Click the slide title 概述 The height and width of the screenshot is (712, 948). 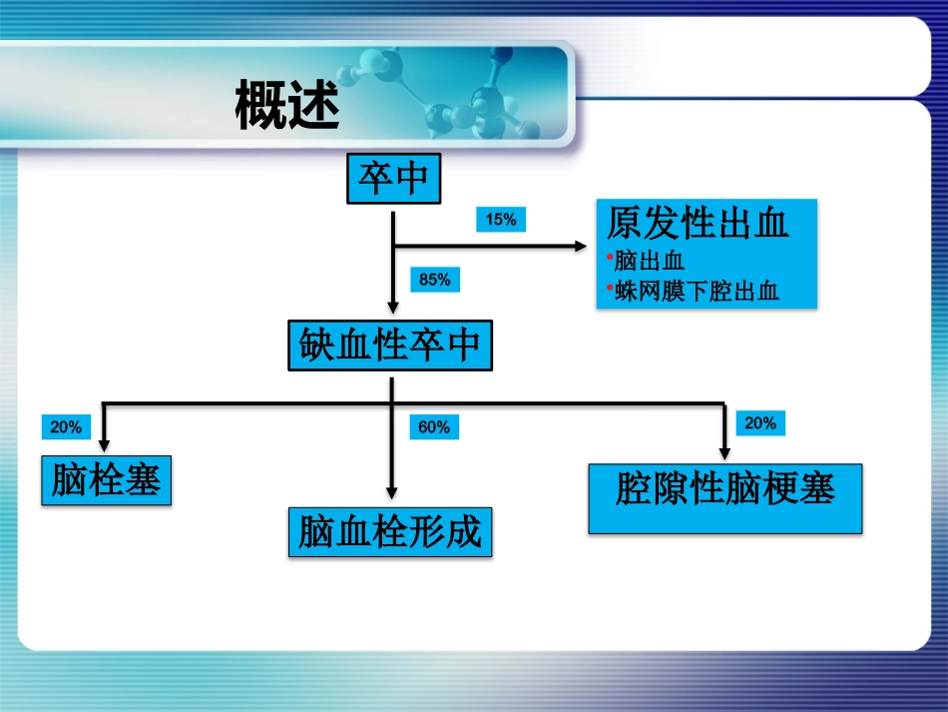click(x=287, y=106)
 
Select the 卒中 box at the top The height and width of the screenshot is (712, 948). click(x=393, y=179)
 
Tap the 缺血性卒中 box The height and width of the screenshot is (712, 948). click(x=390, y=346)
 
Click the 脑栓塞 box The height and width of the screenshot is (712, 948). click(x=106, y=481)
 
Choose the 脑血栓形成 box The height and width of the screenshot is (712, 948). click(x=390, y=532)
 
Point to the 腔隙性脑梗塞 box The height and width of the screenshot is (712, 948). click(x=724, y=490)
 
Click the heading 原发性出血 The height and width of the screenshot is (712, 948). click(x=698, y=224)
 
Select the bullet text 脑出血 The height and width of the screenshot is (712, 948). click(x=649, y=262)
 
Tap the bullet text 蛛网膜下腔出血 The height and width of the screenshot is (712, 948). click(x=697, y=291)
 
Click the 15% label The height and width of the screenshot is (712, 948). click(x=501, y=220)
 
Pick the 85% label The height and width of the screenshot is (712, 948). click(x=434, y=281)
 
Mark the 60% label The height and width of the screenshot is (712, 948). click(x=434, y=427)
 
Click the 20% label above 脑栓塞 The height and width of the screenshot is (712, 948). click(x=66, y=427)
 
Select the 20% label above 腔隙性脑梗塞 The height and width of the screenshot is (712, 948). click(x=759, y=423)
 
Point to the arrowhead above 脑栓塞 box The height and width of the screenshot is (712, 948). click(x=105, y=445)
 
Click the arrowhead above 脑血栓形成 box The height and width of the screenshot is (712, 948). click(x=392, y=492)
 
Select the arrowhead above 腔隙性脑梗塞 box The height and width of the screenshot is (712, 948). click(x=724, y=453)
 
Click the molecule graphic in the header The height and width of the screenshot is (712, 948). click(x=449, y=95)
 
